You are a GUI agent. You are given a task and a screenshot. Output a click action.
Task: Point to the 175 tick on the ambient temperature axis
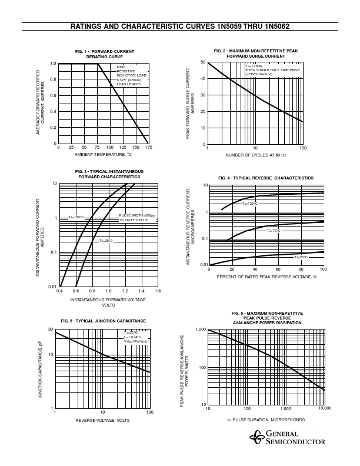(148, 148)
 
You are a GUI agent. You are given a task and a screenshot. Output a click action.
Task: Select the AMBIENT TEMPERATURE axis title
(103, 155)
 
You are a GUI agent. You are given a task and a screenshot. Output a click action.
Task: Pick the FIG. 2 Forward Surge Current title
(255, 54)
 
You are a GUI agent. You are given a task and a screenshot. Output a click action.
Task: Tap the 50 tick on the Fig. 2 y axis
(202, 62)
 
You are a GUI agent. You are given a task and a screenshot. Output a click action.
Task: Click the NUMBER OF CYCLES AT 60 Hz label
(255, 155)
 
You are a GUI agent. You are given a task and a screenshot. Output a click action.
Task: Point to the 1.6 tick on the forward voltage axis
(157, 291)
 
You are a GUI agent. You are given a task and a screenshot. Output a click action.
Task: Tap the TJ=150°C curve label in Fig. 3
(76, 218)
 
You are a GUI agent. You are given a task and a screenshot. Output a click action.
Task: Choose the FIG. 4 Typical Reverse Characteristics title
(266, 178)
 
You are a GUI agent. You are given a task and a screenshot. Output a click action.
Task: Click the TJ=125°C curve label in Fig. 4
(249, 204)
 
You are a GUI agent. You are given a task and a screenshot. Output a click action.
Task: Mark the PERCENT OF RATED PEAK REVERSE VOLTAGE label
(266, 276)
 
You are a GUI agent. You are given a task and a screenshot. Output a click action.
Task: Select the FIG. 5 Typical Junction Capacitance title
(104, 321)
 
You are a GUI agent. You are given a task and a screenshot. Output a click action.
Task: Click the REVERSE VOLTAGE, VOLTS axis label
(102, 420)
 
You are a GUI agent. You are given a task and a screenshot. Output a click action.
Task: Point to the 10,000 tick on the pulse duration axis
(324, 408)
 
